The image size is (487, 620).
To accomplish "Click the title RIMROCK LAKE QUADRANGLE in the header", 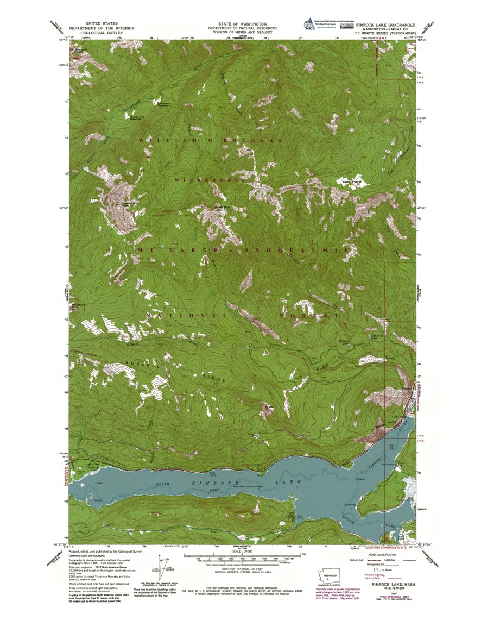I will coord(386,25).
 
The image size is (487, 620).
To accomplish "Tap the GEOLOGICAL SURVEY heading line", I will coord(102,33).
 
